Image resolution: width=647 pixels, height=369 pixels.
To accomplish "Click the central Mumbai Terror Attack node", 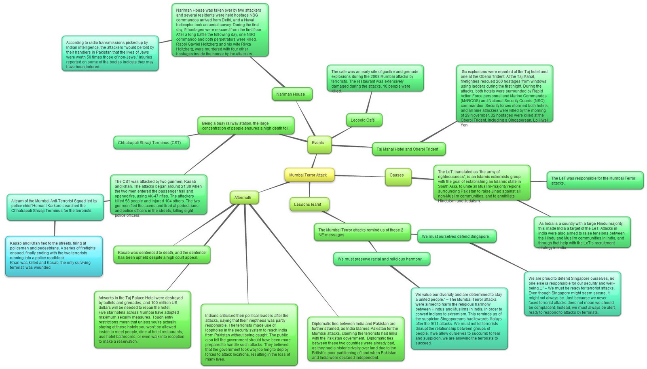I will [x=309, y=175].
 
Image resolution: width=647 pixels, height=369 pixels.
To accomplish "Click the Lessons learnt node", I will [x=309, y=205].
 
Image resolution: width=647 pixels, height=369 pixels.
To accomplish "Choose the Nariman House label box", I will [x=292, y=94].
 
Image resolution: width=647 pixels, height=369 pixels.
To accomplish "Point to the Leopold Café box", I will [x=364, y=120].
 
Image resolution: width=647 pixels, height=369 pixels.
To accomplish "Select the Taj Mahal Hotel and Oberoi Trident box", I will [x=408, y=149].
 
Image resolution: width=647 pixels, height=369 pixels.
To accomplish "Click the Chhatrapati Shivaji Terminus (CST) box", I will [x=151, y=143].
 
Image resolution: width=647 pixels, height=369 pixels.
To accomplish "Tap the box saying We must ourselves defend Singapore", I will [x=456, y=236].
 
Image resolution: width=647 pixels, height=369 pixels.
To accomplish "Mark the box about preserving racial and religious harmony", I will [x=381, y=259].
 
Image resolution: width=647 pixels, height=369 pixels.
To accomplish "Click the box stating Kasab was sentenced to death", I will [x=162, y=255].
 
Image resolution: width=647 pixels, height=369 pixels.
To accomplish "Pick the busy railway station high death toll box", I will [x=245, y=126].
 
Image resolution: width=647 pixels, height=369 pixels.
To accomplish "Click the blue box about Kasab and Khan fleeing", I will [x=54, y=256].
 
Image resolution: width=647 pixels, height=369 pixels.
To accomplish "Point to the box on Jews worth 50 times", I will [x=110, y=54].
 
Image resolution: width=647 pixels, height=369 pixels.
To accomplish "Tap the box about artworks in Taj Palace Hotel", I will [x=142, y=319].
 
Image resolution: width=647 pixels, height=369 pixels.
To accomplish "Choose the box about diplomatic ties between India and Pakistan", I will [x=355, y=340].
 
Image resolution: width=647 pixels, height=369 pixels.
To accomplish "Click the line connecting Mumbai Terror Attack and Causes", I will [x=360, y=176].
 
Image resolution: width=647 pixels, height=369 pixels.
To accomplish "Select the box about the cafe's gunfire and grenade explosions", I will [x=374, y=79].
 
